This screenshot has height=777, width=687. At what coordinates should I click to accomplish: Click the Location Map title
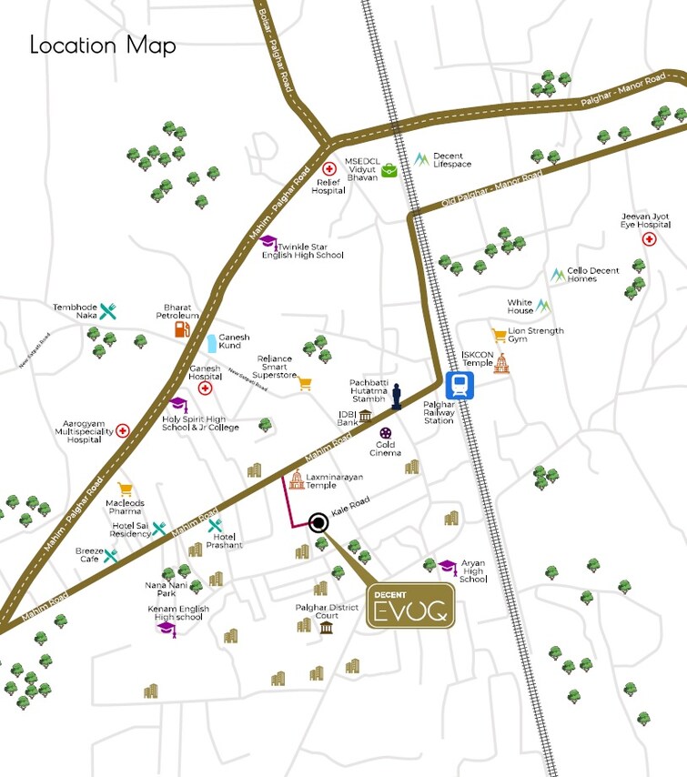click(103, 45)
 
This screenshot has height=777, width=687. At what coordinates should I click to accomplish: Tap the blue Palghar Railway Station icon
click(459, 386)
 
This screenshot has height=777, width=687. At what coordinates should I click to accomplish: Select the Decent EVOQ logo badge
click(410, 606)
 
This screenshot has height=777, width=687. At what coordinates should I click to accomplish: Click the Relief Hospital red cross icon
click(331, 169)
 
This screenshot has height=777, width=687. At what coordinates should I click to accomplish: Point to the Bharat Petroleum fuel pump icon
click(183, 328)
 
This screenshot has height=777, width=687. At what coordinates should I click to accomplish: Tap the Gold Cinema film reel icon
click(388, 434)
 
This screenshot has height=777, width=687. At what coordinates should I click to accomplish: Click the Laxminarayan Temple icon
click(295, 480)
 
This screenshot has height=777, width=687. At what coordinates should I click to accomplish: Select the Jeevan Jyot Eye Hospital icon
click(649, 239)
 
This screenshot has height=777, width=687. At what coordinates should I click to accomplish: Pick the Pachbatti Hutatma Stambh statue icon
click(396, 396)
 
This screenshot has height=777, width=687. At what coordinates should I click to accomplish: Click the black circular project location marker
click(318, 522)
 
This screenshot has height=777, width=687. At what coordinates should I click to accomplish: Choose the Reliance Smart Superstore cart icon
click(306, 384)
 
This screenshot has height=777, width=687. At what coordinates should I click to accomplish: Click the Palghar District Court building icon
click(326, 627)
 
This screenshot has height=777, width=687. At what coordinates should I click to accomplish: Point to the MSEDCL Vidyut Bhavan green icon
click(389, 169)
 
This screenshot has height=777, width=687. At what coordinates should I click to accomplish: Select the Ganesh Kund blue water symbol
click(211, 342)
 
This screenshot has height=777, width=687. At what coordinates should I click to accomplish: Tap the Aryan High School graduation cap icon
click(447, 566)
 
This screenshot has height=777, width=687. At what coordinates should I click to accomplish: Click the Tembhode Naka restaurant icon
click(108, 311)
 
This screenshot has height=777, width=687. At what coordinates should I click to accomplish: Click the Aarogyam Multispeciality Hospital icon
click(122, 430)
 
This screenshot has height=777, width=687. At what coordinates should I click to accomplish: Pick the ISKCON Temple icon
click(500, 363)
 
